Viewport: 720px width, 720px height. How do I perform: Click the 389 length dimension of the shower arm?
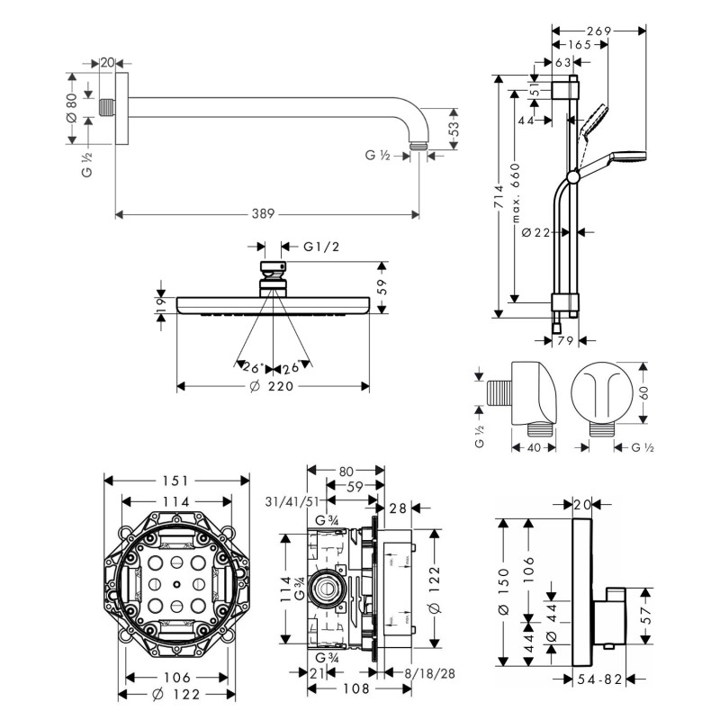(x=264, y=214)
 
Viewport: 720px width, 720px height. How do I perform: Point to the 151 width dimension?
(x=176, y=481)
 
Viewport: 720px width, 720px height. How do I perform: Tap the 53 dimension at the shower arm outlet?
(x=453, y=128)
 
